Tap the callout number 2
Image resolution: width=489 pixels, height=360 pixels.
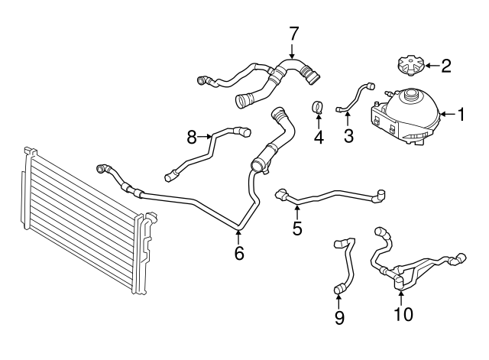(x=445, y=66)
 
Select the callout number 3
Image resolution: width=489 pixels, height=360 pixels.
(x=348, y=135)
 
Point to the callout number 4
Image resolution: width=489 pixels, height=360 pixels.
(x=319, y=138)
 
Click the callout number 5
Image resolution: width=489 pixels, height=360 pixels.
(x=297, y=228)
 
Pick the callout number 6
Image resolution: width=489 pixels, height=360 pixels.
(x=239, y=253)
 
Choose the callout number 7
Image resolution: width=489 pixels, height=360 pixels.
(x=294, y=33)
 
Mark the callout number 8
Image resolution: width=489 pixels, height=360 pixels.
(x=193, y=137)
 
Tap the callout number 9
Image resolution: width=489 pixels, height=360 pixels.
(x=339, y=316)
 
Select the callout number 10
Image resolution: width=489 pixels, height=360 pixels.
(x=403, y=313)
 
